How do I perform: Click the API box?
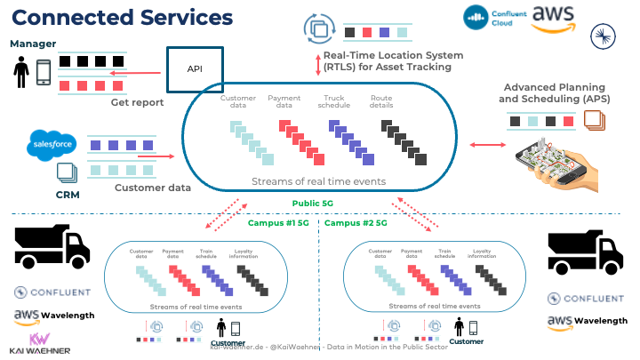coord(195,69)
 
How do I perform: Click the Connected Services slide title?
coord(123,18)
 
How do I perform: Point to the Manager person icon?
coord(20,71)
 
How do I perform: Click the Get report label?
coord(137,102)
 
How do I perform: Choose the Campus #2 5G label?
coord(356,223)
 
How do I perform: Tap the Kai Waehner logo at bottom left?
coord(38,346)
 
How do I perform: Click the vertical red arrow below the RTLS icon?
coord(317,64)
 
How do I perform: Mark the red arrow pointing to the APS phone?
coord(482,144)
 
